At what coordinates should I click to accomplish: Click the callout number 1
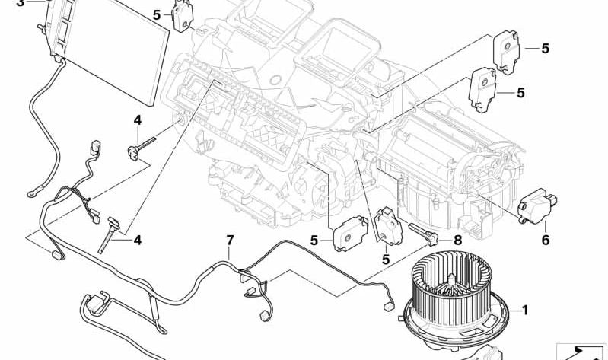click(524, 310)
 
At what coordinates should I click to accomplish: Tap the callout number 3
click(20, 3)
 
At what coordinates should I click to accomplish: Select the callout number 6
click(545, 241)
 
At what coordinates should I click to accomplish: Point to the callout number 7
click(231, 241)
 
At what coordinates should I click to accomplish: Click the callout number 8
click(458, 241)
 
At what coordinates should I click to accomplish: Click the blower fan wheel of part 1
click(451, 286)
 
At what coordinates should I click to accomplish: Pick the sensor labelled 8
click(423, 234)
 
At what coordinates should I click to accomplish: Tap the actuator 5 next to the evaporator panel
click(180, 16)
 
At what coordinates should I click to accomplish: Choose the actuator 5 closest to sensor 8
click(389, 226)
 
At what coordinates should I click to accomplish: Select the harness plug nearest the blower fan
click(388, 307)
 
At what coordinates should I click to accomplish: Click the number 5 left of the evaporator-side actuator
click(156, 15)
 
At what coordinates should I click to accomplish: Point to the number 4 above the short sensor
click(138, 120)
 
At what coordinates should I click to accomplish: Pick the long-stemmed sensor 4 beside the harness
click(108, 234)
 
